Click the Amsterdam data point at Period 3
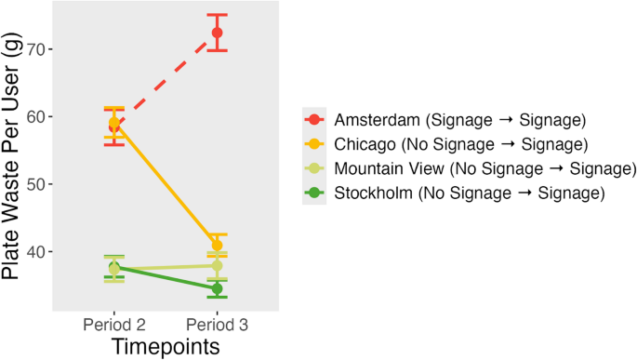pyautogui.click(x=217, y=33)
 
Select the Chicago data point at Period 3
pyautogui.click(x=217, y=246)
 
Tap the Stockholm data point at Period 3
pyautogui.click(x=217, y=288)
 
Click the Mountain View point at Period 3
pyautogui.click(x=217, y=266)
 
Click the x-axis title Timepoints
pyautogui.click(x=166, y=346)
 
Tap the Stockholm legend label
pyautogui.click(x=470, y=193)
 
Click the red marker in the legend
pyautogui.click(x=314, y=120)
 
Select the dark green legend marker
pyautogui.click(x=314, y=193)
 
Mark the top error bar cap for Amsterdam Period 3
pyautogui.click(x=217, y=15)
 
